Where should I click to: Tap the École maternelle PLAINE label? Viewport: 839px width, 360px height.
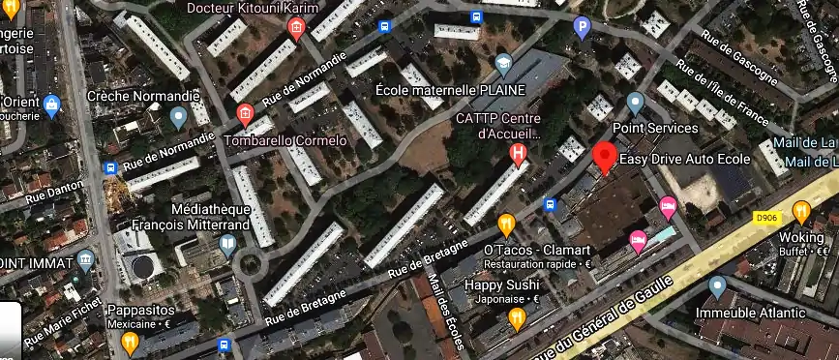tap(442, 90)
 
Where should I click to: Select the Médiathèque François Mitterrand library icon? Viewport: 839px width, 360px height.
tap(227, 243)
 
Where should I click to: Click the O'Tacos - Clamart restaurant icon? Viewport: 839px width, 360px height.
tap(505, 225)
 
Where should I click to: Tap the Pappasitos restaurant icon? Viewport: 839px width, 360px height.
tap(130, 342)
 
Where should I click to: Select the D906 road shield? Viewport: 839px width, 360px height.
tap(766, 219)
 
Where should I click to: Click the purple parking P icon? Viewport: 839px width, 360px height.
tap(582, 28)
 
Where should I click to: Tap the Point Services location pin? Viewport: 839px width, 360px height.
tap(635, 103)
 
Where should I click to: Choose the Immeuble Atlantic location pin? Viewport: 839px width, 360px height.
tap(717, 287)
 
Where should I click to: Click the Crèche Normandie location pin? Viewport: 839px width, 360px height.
tap(178, 118)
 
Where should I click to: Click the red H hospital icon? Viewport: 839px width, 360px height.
tap(520, 153)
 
